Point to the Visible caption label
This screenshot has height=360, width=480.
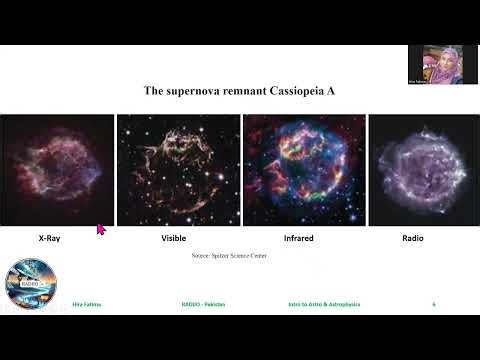coord(174,240)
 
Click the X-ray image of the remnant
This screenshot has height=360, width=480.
coord(57,170)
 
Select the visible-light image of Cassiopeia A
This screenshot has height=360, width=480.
coord(178,170)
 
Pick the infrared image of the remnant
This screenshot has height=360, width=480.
coord(302,170)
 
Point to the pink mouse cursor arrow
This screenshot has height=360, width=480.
coord(101,230)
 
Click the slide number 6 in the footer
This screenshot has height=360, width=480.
coord(434,303)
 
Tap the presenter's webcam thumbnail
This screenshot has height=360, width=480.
coord(435,65)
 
